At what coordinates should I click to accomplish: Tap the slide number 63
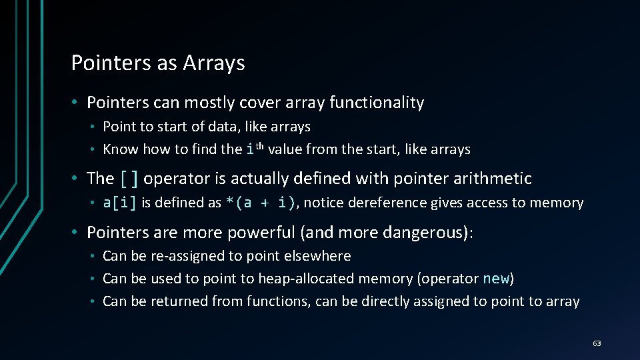(597, 343)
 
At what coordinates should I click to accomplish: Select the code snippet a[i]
(120, 203)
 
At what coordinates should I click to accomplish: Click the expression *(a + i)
(261, 203)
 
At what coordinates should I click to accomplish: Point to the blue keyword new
(495, 279)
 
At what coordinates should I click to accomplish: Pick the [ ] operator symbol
(129, 179)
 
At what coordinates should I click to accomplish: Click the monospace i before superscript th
(250, 150)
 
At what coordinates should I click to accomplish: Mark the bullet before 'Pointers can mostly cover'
(77, 103)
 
